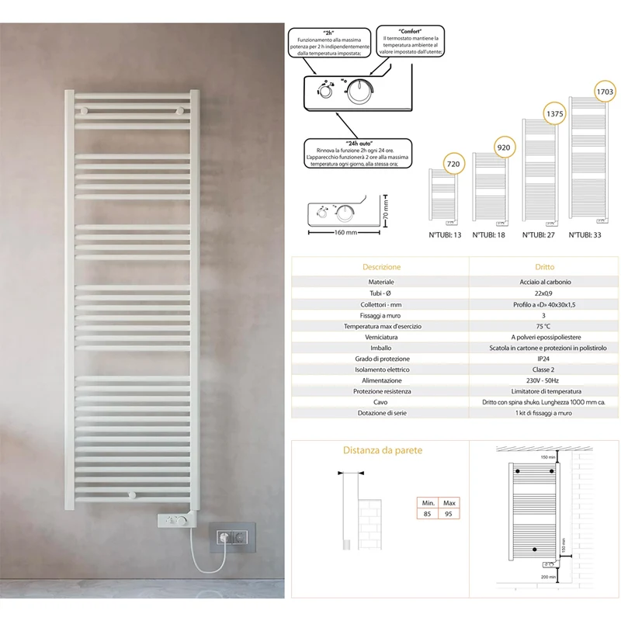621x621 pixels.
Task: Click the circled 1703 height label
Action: pyautogui.click(x=605, y=92)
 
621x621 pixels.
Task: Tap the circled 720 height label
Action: pyautogui.click(x=453, y=164)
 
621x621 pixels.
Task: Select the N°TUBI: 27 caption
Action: pyautogui.click(x=538, y=235)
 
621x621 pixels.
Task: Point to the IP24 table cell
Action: pyautogui.click(x=543, y=359)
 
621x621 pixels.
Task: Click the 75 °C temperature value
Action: pyautogui.click(x=543, y=326)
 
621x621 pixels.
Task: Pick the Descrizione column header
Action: pyautogui.click(x=381, y=267)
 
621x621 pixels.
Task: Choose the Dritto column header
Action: pyautogui.click(x=545, y=267)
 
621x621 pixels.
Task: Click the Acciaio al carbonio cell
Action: pyautogui.click(x=545, y=282)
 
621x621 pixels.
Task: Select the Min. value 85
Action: pyautogui.click(x=427, y=514)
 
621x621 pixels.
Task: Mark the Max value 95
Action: pyautogui.click(x=449, y=514)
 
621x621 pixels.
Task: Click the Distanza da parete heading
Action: pyautogui.click(x=383, y=450)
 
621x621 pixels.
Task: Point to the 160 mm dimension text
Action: pyautogui.click(x=345, y=232)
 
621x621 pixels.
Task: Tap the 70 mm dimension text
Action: pyautogui.click(x=386, y=210)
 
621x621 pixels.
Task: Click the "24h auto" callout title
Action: pyautogui.click(x=359, y=144)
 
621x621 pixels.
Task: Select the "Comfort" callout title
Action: pyautogui.click(x=411, y=31)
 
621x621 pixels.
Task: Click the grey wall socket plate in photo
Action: pyautogui.click(x=232, y=537)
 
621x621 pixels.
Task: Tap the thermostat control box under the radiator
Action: pyautogui.click(x=174, y=520)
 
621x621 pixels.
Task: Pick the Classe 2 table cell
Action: pyautogui.click(x=543, y=369)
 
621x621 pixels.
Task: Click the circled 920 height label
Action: pyautogui.click(x=504, y=147)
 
